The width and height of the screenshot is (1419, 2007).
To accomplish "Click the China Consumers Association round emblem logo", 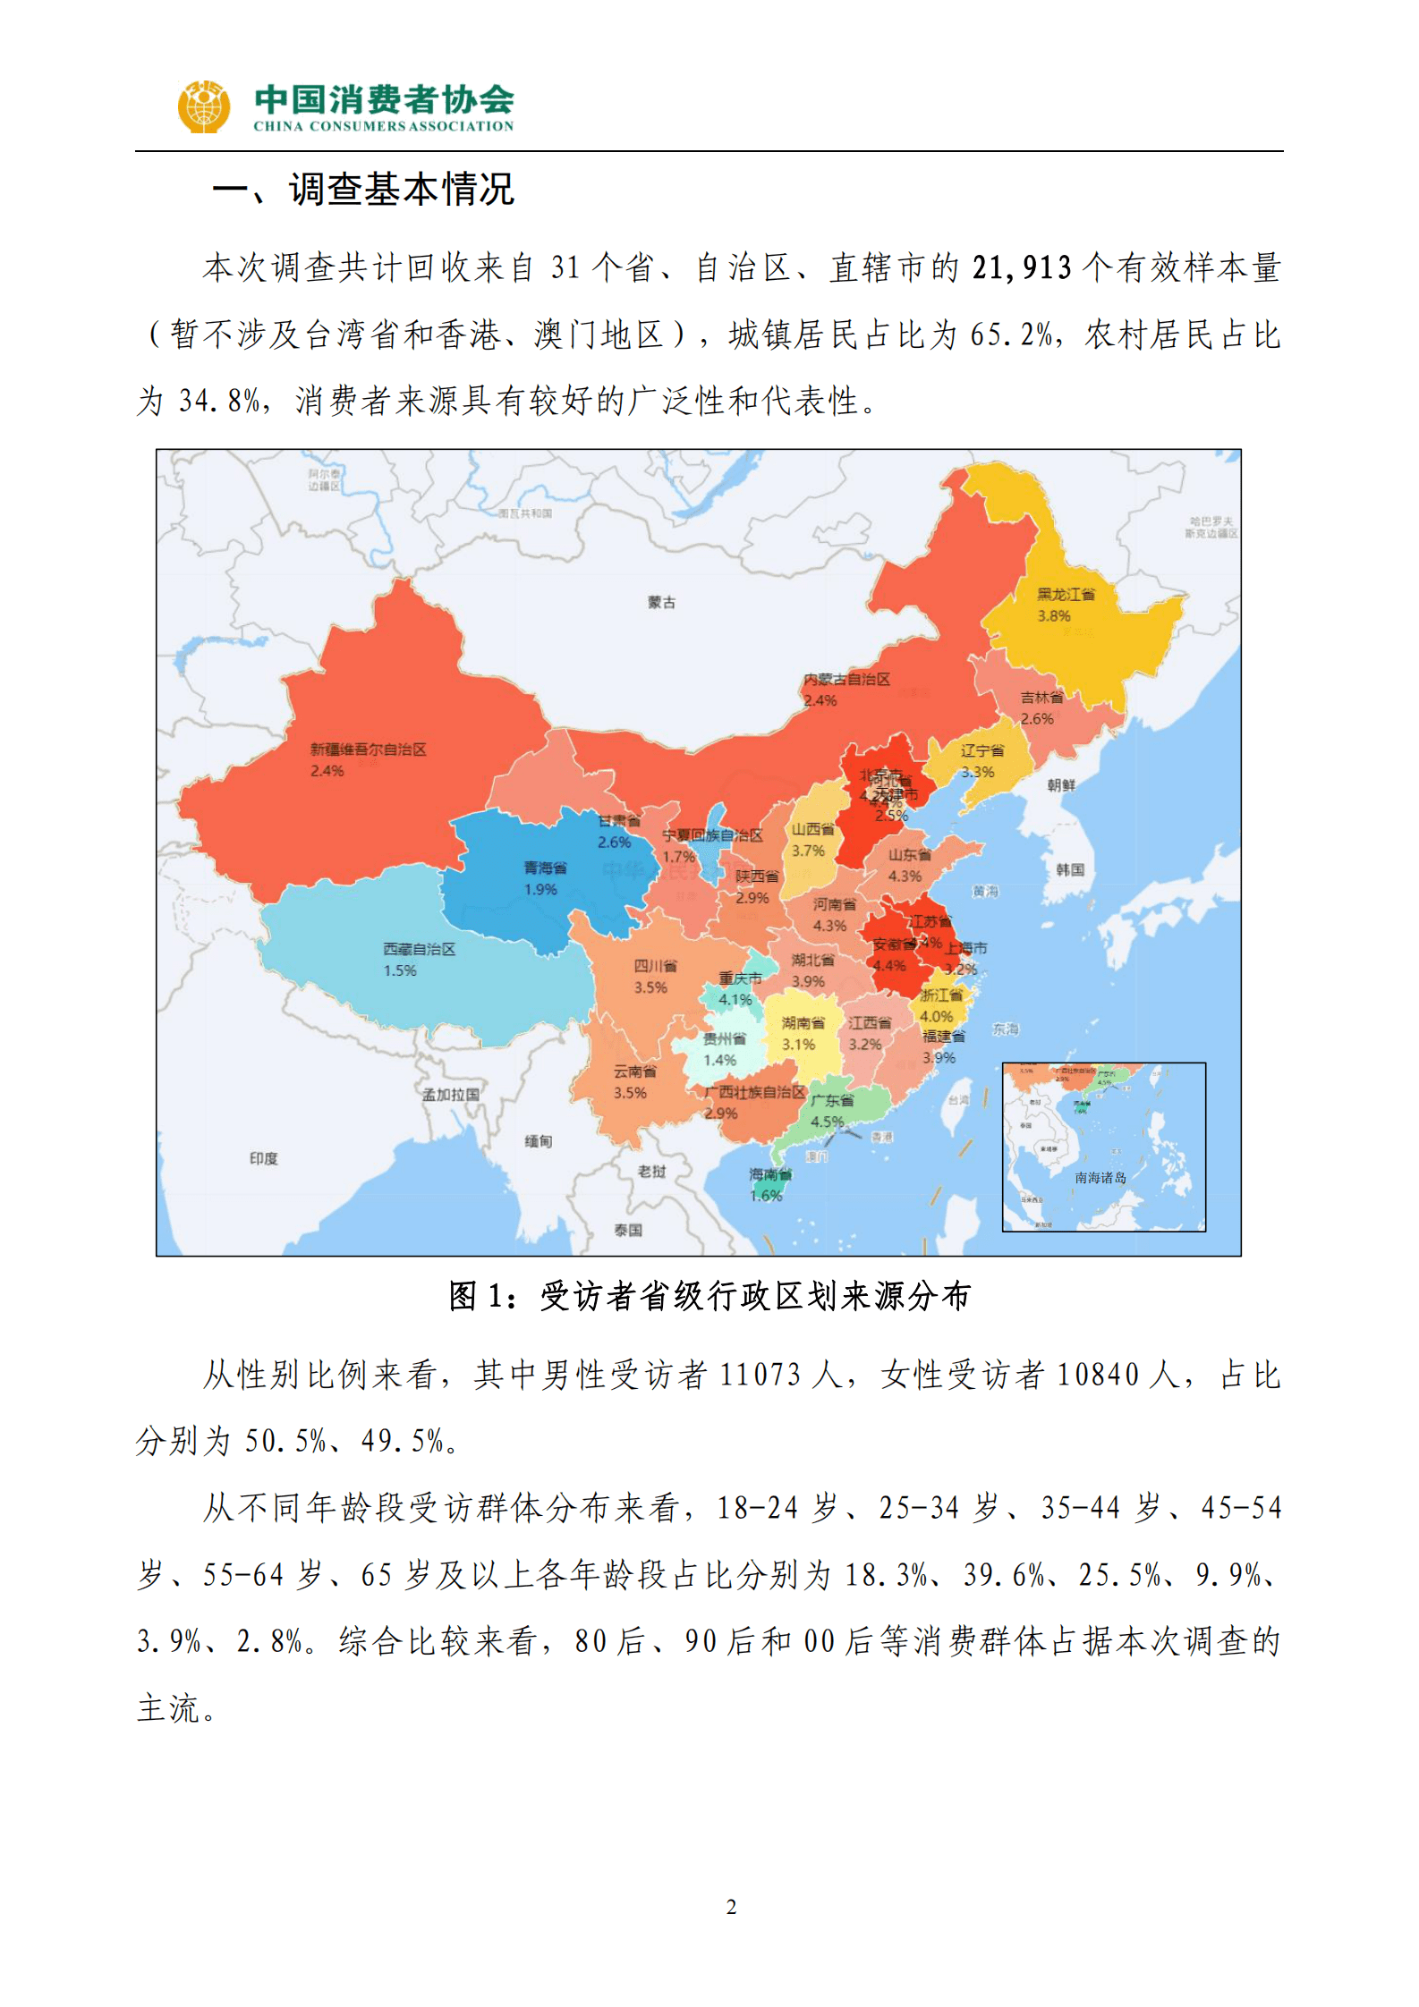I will (203, 107).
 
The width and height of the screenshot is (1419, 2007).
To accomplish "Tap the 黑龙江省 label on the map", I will (1066, 594).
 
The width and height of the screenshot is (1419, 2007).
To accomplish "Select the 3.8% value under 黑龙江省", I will (1054, 615).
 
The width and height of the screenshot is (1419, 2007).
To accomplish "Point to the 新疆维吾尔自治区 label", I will (368, 749).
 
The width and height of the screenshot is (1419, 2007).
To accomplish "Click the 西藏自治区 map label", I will (419, 949).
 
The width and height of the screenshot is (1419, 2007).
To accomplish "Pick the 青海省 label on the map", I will (545, 868).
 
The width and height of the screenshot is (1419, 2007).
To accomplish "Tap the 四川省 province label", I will (655, 966).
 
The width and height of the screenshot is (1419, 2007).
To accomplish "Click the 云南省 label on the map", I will (634, 1071).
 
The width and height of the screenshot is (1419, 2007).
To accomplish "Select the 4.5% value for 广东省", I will (827, 1122).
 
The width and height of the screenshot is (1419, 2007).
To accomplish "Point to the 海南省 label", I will (769, 1174).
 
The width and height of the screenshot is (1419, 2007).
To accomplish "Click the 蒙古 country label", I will (661, 603).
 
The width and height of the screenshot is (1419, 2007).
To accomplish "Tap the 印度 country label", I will (263, 1158).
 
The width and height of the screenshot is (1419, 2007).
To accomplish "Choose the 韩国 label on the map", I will (1069, 869).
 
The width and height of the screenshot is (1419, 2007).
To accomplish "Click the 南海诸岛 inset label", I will (1100, 1178).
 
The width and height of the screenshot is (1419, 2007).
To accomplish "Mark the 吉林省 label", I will (1041, 697).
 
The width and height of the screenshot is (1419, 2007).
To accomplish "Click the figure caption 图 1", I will (709, 1295).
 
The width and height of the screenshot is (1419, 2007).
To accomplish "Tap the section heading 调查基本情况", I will (401, 190).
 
